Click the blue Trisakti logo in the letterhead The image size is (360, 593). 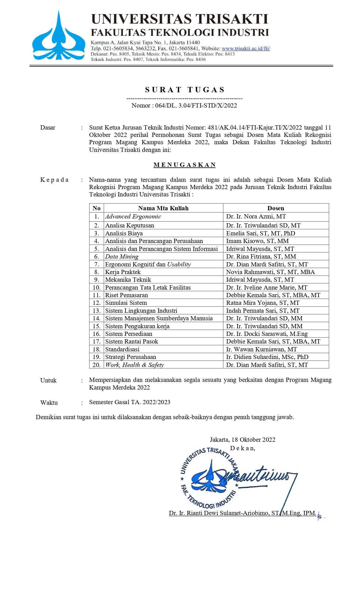pyautogui.click(x=58, y=37)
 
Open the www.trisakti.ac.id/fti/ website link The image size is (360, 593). pyautogui.click(x=246, y=49)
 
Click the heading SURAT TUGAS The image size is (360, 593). pyautogui.click(x=185, y=90)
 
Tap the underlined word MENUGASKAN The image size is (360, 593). pyautogui.click(x=185, y=165)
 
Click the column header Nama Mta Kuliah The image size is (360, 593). pyautogui.click(x=163, y=208)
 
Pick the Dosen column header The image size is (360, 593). pyautogui.click(x=276, y=208)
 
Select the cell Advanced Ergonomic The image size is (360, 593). pyautogui.click(x=133, y=216)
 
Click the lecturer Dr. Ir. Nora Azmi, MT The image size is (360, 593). pyautogui.click(x=256, y=216)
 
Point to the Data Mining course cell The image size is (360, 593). pyautogui.click(x=122, y=257)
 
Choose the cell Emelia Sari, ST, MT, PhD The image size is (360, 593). pyautogui.click(x=260, y=233)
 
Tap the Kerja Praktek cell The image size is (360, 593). pyautogui.click(x=123, y=272)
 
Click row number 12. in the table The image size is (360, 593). pyautogui.click(x=96, y=303)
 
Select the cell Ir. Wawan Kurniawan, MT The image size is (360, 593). pyautogui.click(x=261, y=349)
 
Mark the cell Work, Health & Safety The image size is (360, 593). pyautogui.click(x=135, y=365)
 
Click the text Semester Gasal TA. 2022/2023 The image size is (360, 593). pyautogui.click(x=129, y=402)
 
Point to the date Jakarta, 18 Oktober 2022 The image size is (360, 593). pyautogui.click(x=242, y=440)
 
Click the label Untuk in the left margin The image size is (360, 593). pyautogui.click(x=48, y=380)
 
